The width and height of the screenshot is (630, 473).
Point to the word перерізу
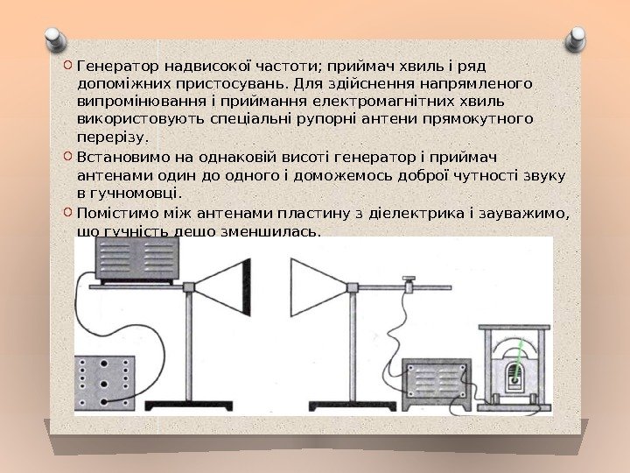click(114, 137)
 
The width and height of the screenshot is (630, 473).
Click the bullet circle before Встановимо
click(69, 158)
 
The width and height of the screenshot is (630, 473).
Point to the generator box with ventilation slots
click(138, 259)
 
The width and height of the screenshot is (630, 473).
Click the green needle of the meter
click(522, 360)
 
